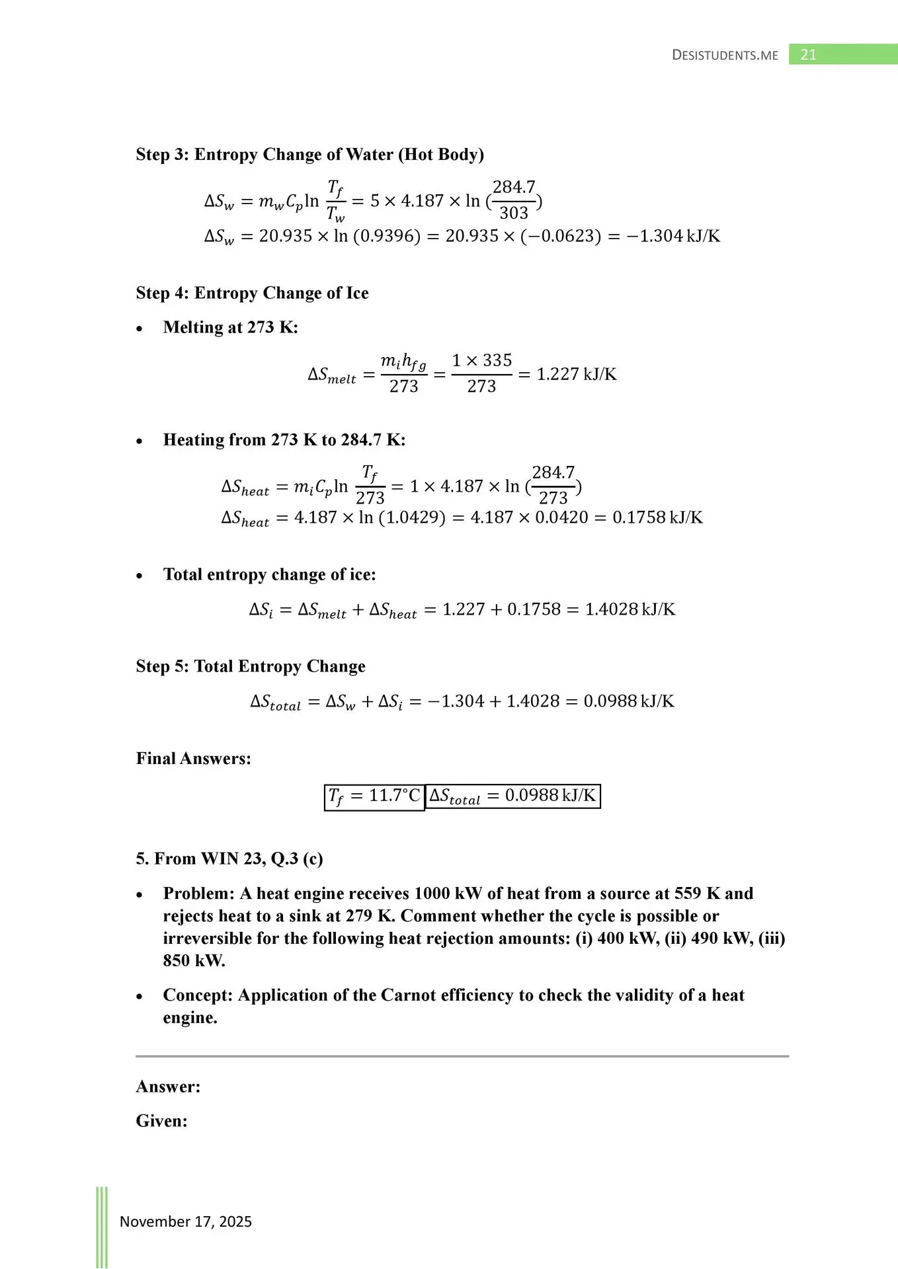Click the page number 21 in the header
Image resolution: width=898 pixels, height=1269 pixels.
[808, 55]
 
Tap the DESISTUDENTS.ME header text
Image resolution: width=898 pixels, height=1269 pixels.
[725, 55]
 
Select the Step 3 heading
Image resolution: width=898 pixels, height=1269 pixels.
[309, 155]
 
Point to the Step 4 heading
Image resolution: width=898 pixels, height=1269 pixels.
[252, 293]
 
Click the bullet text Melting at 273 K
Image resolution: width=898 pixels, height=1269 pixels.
[230, 327]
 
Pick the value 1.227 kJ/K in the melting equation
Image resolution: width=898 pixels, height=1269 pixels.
[576, 374]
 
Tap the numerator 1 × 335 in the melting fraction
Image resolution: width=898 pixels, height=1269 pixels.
[481, 360]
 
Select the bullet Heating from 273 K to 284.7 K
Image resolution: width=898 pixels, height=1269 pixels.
[284, 440]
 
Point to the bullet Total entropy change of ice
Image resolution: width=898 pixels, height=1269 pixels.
[269, 574]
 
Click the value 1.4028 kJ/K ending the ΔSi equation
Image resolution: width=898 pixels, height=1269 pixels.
[630, 609]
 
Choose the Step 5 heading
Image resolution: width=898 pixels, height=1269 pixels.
[250, 666]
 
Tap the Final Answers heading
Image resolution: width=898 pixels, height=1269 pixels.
[193, 758]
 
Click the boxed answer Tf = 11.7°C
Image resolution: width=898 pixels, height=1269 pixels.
[374, 796]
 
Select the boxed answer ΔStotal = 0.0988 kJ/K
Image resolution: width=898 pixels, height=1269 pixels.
[512, 796]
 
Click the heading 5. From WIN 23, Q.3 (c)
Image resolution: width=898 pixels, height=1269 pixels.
[229, 859]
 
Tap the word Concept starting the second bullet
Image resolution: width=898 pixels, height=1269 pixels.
[198, 995]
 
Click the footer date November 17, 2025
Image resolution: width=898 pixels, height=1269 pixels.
[185, 1221]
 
